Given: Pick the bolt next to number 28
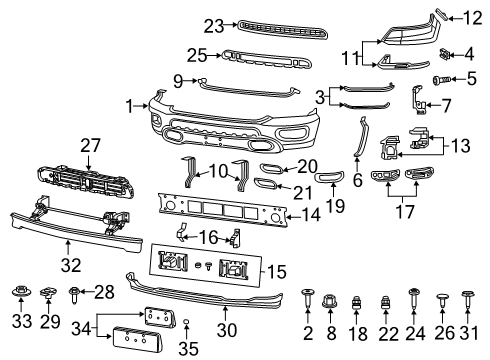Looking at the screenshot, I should tap(78, 292).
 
